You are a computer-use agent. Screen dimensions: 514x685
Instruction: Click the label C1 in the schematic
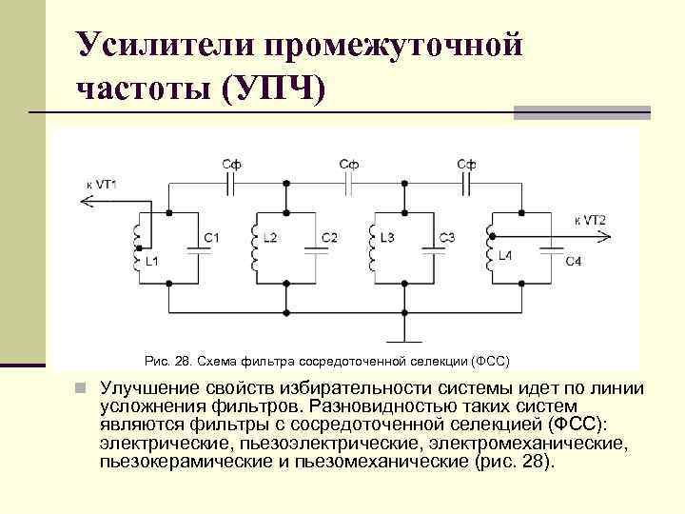211,236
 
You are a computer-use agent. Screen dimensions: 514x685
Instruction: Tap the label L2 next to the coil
269,236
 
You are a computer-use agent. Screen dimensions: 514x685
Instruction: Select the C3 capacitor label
447,236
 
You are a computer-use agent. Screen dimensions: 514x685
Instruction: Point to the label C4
573,261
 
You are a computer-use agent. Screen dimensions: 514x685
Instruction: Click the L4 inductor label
504,257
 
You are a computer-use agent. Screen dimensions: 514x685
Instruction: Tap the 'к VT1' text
102,184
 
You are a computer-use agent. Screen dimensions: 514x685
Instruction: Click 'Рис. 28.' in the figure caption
168,361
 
